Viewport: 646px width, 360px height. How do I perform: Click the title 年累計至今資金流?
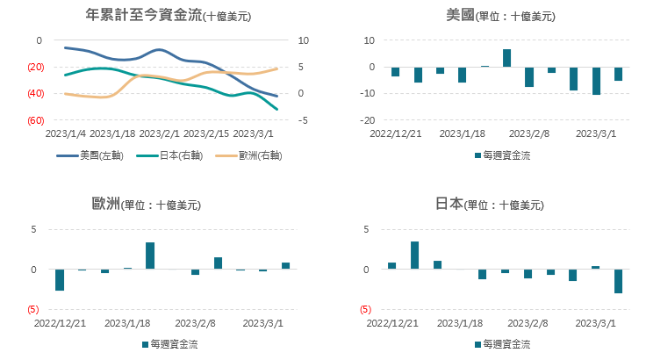coord(145,15)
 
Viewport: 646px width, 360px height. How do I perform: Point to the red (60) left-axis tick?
coord(36,120)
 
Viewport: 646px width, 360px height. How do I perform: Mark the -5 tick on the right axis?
coord(303,120)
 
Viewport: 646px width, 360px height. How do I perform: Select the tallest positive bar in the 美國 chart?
coord(506,57)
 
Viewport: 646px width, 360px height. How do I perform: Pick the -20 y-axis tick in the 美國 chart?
coord(370,120)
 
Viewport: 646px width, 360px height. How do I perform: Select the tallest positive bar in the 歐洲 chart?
coord(150,256)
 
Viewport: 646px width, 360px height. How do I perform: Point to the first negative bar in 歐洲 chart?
coord(60,279)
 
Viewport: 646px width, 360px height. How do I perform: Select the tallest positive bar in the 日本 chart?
coord(414,255)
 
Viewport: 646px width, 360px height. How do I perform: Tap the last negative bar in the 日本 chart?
coord(618,281)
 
